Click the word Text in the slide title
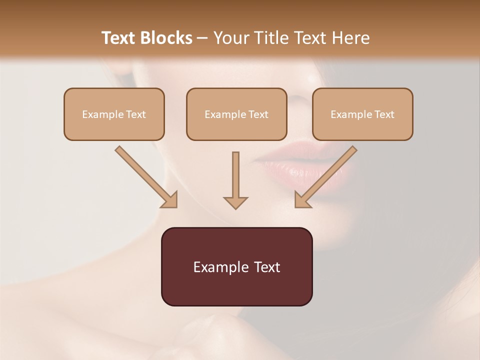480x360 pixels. pos(118,38)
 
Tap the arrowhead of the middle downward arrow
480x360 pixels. pos(235,202)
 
